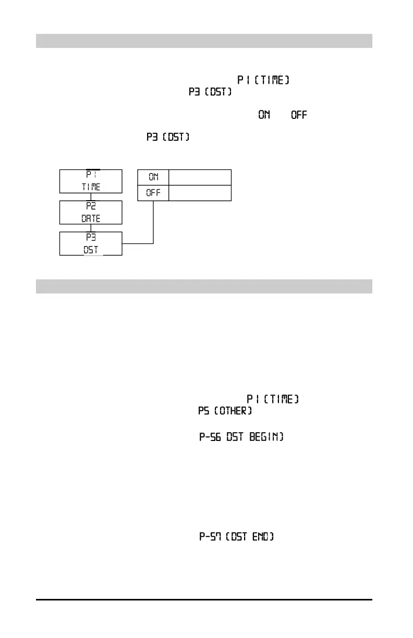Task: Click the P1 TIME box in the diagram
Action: [91, 181]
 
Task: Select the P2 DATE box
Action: [91, 213]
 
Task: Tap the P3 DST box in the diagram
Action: [91, 243]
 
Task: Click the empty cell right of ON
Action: [200, 177]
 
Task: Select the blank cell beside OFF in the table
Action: [200, 193]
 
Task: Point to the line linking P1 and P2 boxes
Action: [91, 197]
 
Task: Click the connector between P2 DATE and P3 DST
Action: [91, 228]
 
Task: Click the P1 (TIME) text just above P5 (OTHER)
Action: [273, 399]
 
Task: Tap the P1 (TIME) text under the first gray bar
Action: [263, 80]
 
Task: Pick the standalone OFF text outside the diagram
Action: [299, 115]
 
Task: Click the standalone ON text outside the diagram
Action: [264, 115]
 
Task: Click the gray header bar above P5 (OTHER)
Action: [204, 287]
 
